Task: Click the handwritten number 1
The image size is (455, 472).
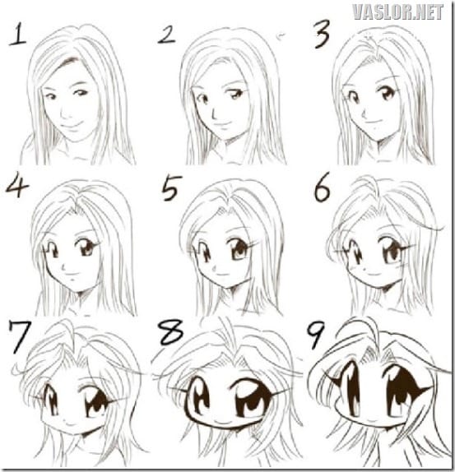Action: (18, 35)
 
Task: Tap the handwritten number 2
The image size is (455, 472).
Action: (166, 35)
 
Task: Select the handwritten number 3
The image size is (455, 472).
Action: (322, 35)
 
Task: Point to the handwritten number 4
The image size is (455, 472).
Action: (17, 187)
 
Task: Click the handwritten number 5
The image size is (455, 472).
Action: (171, 187)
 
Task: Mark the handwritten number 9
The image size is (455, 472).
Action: (315, 335)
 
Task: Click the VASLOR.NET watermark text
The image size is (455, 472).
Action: (397, 12)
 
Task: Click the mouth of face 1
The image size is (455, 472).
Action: (72, 125)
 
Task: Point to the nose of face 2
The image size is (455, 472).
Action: (214, 113)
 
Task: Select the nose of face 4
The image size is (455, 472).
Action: (64, 266)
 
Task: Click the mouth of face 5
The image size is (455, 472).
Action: (223, 274)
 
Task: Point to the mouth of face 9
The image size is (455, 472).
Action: (372, 414)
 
